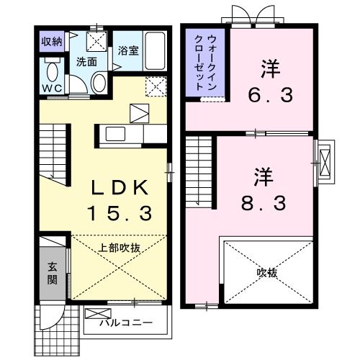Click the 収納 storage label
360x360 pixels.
(51, 40)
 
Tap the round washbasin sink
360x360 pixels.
(99, 83)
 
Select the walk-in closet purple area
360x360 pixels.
(204, 63)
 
